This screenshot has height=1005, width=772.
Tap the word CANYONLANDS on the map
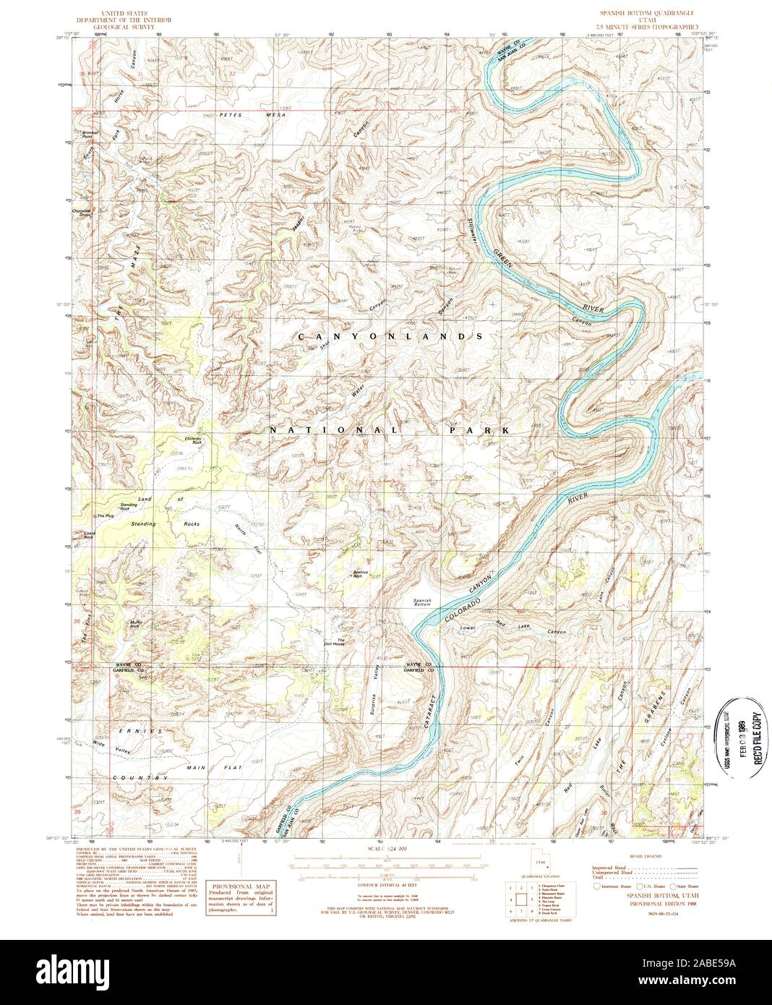[390, 337]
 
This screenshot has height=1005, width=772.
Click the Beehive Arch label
[360, 574]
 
